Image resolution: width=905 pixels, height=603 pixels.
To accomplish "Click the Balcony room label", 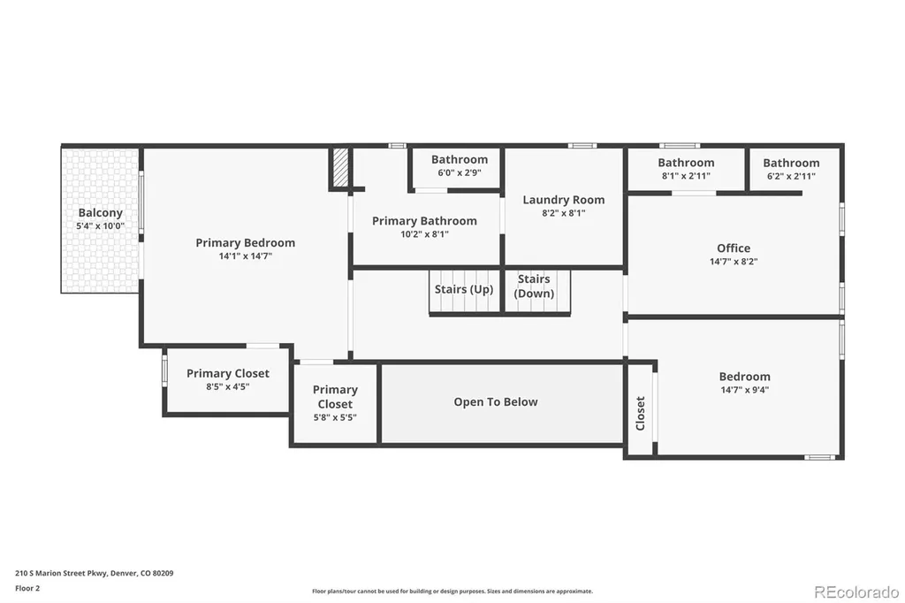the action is [101, 212].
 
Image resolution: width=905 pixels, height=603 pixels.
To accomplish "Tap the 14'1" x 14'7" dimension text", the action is [246, 256].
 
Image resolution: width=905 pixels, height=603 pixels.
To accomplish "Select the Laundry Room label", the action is [564, 200].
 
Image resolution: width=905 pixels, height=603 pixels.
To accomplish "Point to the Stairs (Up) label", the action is [464, 289].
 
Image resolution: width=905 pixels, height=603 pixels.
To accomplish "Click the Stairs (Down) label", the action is [534, 286].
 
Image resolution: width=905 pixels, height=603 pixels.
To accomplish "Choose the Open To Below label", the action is [496, 402].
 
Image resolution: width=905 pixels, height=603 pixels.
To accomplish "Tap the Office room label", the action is [734, 248].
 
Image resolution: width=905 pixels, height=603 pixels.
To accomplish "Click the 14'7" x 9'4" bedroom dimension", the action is [744, 390].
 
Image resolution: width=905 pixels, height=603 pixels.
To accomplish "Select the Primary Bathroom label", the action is [424, 221].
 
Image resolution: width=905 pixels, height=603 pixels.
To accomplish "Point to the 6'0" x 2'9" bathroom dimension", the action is [460, 172].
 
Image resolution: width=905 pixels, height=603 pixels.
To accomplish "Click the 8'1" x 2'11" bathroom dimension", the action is [686, 176].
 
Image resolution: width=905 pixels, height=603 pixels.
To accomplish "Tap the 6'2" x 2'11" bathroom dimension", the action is [791, 176].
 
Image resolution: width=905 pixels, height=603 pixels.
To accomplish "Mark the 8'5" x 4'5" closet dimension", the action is [228, 387].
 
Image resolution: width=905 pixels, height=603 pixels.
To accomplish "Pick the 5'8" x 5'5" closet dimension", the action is [335, 417].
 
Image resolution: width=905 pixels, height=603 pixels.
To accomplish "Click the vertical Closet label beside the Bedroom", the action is [640, 414].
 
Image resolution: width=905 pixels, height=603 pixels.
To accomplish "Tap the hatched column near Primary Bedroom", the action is [340, 167].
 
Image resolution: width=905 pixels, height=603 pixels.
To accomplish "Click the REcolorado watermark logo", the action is [856, 592].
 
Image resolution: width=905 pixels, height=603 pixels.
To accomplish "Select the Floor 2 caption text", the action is [27, 589].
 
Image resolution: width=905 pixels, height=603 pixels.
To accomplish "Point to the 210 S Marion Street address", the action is [94, 574].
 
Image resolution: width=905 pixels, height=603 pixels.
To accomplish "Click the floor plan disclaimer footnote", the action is [452, 592].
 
